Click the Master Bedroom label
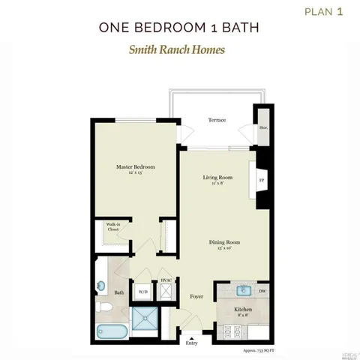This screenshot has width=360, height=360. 135,168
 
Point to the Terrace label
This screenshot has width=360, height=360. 217,119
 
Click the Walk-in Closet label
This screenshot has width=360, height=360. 112,227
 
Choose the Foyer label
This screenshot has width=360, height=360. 196,297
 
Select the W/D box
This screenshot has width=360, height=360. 142,291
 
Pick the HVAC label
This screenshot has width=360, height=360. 166,281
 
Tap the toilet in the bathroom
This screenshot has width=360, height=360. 105,306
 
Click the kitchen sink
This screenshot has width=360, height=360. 243,289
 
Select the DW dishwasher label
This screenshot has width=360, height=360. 262,290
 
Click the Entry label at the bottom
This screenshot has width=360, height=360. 192,343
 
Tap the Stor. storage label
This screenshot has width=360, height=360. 264,128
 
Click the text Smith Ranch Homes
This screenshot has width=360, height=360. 179,52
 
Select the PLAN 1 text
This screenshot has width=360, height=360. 325,11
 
